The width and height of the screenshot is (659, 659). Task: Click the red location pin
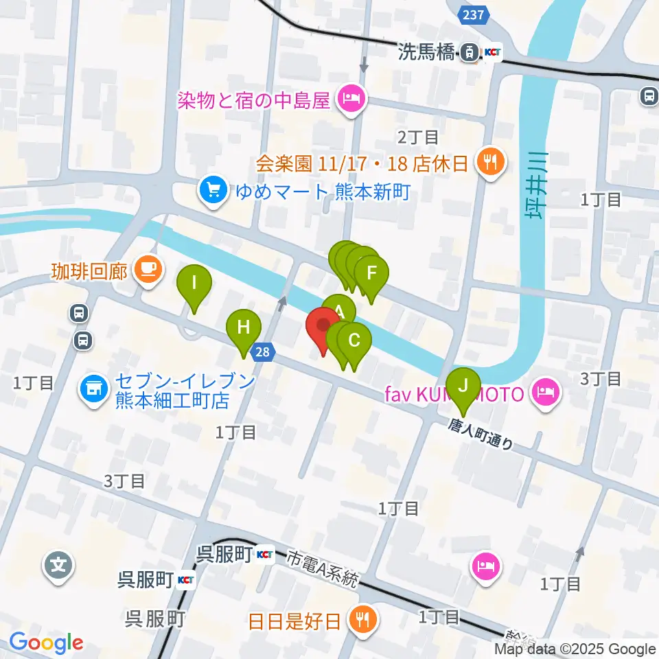[x=323, y=327]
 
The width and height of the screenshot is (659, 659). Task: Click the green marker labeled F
[x=371, y=273]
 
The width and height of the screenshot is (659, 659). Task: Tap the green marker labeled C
[x=355, y=340]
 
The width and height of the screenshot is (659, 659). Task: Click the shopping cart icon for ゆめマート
[x=213, y=190]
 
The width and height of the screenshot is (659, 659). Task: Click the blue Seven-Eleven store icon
[x=93, y=389]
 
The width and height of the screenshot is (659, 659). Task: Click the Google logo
[x=46, y=643]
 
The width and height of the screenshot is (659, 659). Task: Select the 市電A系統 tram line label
[x=323, y=569]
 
